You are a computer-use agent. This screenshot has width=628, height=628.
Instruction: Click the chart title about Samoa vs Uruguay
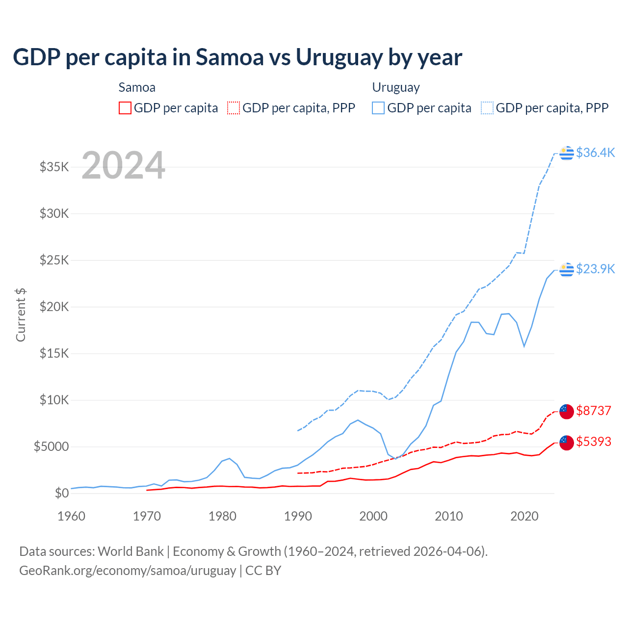(237, 57)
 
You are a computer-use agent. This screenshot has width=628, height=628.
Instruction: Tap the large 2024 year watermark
(123, 165)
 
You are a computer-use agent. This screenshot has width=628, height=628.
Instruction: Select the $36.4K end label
(595, 153)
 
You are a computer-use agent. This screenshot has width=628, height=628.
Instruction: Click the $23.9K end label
(595, 269)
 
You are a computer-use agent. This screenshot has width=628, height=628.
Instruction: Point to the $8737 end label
(593, 411)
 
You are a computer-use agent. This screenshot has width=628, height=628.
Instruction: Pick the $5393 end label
(593, 442)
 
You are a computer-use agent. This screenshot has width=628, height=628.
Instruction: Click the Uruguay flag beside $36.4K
(567, 153)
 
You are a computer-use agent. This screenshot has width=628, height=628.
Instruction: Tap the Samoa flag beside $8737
(567, 412)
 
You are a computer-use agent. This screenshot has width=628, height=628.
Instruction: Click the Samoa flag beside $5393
(567, 443)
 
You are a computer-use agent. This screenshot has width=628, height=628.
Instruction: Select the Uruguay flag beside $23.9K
(567, 269)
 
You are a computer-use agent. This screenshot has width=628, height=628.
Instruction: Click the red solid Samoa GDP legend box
(125, 108)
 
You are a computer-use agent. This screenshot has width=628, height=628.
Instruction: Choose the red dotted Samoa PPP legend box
(234, 108)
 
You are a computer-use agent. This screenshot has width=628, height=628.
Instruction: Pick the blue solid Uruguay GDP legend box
(378, 108)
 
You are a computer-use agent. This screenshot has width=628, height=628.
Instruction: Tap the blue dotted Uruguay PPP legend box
(487, 108)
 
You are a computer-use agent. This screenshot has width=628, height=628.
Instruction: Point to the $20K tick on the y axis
(54, 307)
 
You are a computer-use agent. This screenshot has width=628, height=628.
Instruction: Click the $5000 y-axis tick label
(52, 446)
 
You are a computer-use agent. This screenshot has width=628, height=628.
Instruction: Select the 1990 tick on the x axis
(298, 516)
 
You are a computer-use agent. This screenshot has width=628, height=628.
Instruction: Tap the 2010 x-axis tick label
(449, 516)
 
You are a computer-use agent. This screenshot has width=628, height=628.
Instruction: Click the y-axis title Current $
(21, 314)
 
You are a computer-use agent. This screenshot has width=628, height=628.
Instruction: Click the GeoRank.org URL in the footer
(128, 571)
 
